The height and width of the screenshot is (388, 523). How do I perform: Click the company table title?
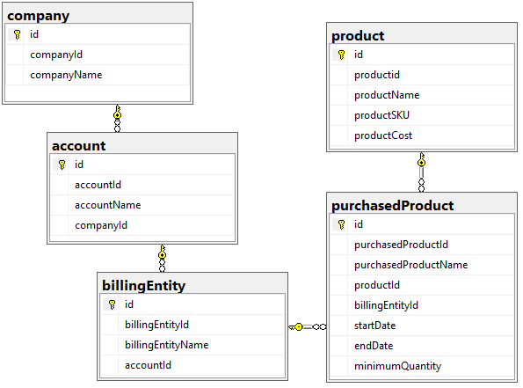(x=39, y=16)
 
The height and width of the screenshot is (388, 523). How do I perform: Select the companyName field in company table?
(x=66, y=75)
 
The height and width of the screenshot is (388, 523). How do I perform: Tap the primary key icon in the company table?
(x=17, y=34)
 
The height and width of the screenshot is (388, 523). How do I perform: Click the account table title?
(x=79, y=146)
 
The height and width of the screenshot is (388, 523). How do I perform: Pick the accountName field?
(x=108, y=205)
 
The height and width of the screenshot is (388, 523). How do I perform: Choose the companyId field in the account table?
(x=101, y=225)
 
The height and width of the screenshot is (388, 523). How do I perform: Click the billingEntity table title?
(x=144, y=286)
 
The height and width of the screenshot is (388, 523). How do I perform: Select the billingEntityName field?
(x=167, y=345)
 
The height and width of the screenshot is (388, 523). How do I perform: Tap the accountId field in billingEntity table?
(x=148, y=365)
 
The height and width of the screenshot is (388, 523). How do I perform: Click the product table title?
(x=358, y=36)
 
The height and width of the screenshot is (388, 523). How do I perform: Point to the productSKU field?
(x=381, y=115)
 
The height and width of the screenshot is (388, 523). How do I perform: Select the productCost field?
(x=383, y=135)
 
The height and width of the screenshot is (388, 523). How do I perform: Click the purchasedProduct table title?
(x=393, y=206)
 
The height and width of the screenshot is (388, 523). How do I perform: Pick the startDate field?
(x=375, y=326)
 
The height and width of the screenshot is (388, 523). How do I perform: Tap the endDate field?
(x=374, y=346)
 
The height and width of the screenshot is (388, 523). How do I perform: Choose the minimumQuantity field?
(x=397, y=366)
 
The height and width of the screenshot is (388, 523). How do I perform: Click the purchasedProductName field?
(x=411, y=265)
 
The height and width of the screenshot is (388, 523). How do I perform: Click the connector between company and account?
(x=117, y=119)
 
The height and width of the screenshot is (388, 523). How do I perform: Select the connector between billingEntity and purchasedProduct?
(x=308, y=327)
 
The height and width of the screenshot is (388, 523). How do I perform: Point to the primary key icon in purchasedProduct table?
(x=341, y=224)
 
